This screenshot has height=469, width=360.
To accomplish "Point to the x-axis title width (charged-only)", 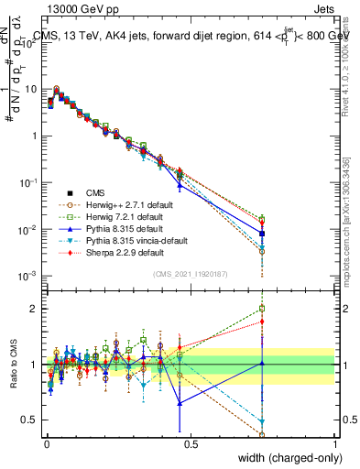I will click(x=285, y=458).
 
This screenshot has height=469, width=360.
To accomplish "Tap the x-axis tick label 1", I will click(x=335, y=443).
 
